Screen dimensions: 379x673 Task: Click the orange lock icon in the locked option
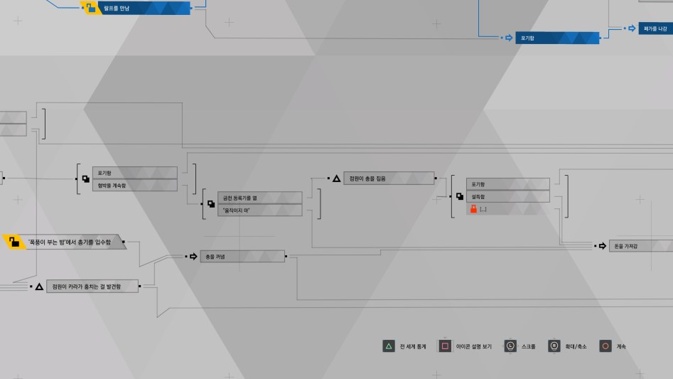472,209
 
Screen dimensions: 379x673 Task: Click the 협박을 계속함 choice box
135,186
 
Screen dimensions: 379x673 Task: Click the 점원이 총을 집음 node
389,178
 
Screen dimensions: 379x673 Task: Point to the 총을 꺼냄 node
242,256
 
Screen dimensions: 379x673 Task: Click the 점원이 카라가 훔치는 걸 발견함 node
92,287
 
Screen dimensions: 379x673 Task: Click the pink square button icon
444,346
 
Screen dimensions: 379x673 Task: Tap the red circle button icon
605,346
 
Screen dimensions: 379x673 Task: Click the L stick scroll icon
510,346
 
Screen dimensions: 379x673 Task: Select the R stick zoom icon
553,346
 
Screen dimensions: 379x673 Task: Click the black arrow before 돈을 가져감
603,246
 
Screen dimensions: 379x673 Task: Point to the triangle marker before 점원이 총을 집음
336,178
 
